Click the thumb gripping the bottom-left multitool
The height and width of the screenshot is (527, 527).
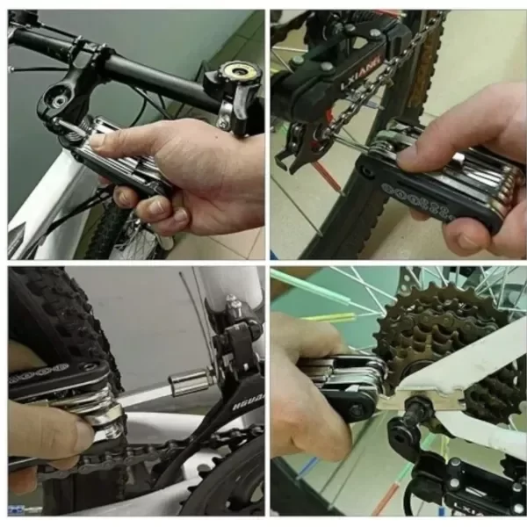click(x=53, y=430)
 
